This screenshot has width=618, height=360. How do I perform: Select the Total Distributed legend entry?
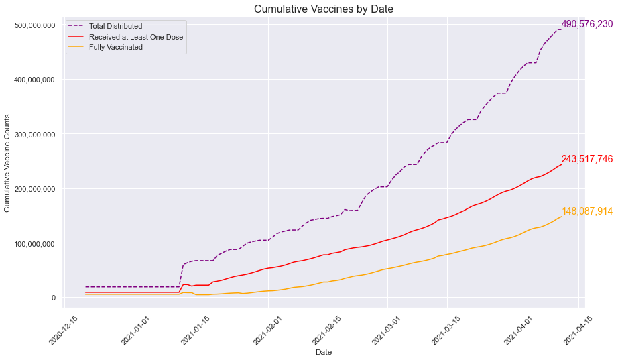pyautogui.click(x=115, y=26)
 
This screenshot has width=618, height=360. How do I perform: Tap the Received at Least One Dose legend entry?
pyautogui.click(x=136, y=37)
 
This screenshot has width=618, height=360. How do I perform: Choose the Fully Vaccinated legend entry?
pyautogui.click(x=116, y=47)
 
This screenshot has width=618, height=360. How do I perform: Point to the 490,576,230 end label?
pyautogui.click(x=587, y=24)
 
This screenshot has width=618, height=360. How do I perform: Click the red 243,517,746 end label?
pyautogui.click(x=587, y=160)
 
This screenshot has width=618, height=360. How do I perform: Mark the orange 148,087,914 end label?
pyautogui.click(x=587, y=211)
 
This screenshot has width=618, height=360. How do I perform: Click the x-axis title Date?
pyautogui.click(x=324, y=352)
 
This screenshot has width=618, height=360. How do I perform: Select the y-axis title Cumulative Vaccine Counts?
pyautogui.click(x=8, y=164)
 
